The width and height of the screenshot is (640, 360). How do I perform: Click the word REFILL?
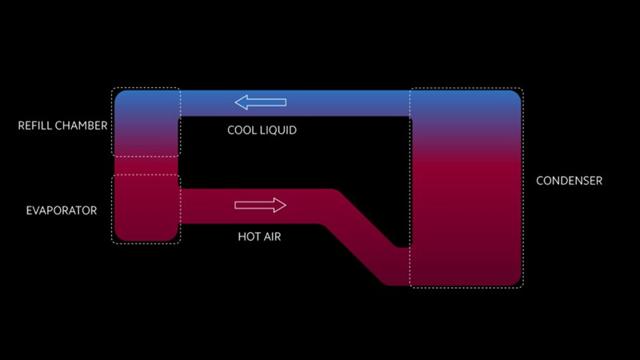tap(37, 126)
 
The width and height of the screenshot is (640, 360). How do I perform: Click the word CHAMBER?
tap(82, 126)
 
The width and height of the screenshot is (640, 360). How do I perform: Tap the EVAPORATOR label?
tap(62, 210)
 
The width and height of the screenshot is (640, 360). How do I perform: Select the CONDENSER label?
tap(569, 181)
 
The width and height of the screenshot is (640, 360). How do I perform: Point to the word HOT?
tap(249, 237)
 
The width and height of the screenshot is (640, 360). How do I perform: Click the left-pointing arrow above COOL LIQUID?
tap(260, 102)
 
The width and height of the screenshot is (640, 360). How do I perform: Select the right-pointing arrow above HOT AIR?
tap(260, 206)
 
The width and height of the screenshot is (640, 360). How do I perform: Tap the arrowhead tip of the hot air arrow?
tap(285, 206)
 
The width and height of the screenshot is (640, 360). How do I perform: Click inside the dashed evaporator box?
tap(146, 208)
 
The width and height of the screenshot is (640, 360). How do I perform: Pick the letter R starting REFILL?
tap(21, 126)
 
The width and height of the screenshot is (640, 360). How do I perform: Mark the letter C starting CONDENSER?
tap(540, 181)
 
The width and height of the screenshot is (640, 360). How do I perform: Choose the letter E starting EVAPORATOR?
tap(29, 210)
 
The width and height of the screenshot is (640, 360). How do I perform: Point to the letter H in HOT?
tap(242, 237)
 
